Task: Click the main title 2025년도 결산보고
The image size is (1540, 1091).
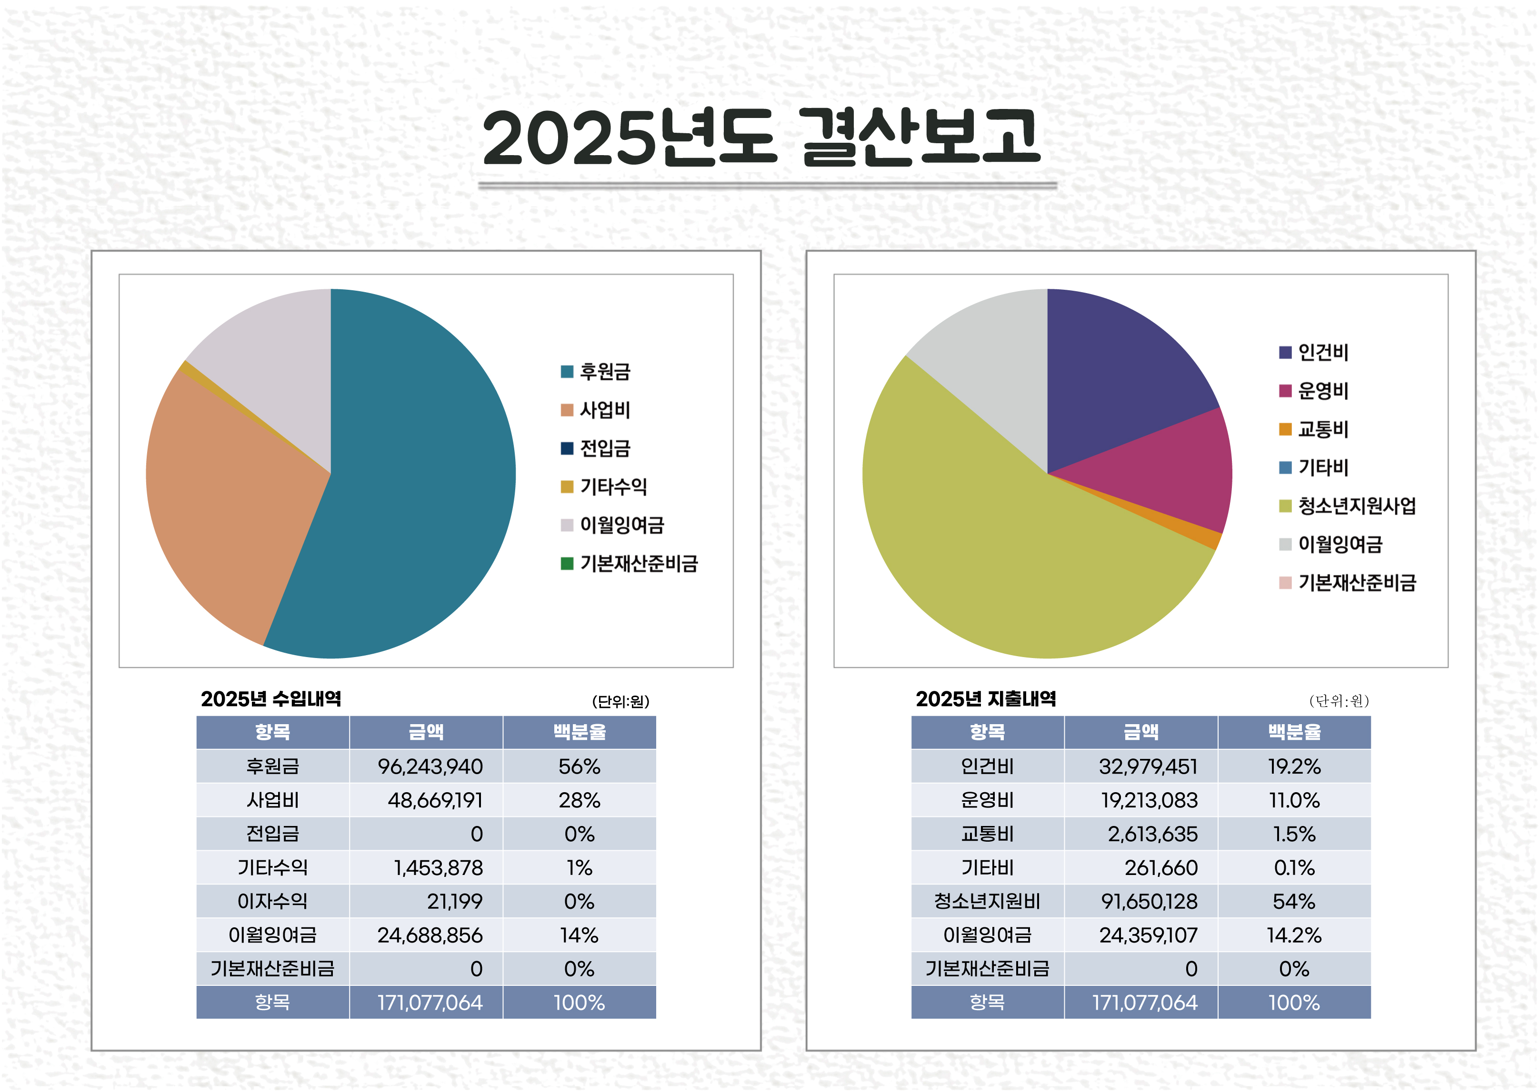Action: (761, 138)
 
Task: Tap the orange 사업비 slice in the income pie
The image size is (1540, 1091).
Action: (229, 511)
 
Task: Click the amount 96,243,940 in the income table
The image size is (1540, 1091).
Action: (430, 767)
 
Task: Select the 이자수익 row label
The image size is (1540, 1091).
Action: (272, 902)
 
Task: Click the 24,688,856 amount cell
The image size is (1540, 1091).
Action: (430, 935)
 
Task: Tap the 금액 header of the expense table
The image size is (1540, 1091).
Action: (1141, 732)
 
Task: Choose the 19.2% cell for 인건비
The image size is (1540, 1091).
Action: (1294, 767)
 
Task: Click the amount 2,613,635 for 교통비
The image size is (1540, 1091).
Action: (1152, 835)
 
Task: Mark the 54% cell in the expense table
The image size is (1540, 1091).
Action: (1294, 902)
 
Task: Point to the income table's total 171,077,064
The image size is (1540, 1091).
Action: (430, 1003)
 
